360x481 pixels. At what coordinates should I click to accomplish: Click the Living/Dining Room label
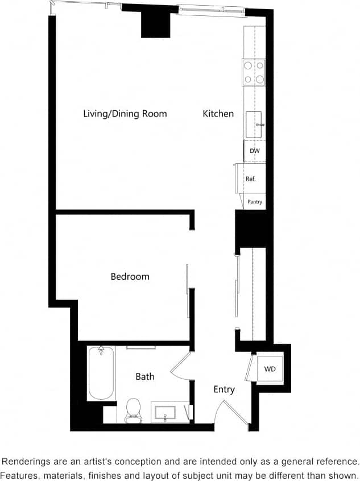pyautogui.click(x=125, y=114)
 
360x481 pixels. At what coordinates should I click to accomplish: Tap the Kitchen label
pyautogui.click(x=218, y=114)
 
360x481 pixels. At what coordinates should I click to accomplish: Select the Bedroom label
pyautogui.click(x=130, y=276)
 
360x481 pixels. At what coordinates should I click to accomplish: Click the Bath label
pyautogui.click(x=144, y=376)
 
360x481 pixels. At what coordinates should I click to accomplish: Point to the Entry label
pyautogui.click(x=224, y=389)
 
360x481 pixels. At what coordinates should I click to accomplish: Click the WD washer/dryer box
pyautogui.click(x=270, y=369)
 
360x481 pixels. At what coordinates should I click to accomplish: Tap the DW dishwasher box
pyautogui.click(x=255, y=151)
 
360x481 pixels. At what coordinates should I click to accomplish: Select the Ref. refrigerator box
pyautogui.click(x=251, y=179)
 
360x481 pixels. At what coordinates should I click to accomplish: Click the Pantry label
pyautogui.click(x=255, y=202)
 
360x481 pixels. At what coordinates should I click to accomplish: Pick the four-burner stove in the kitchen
pyautogui.click(x=254, y=72)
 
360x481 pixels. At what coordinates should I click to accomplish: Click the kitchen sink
pyautogui.click(x=254, y=125)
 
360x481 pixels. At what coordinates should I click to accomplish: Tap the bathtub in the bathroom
pyautogui.click(x=101, y=373)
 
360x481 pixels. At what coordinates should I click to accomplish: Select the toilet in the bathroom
pyautogui.click(x=133, y=410)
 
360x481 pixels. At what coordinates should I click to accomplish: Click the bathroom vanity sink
pyautogui.click(x=168, y=411)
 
